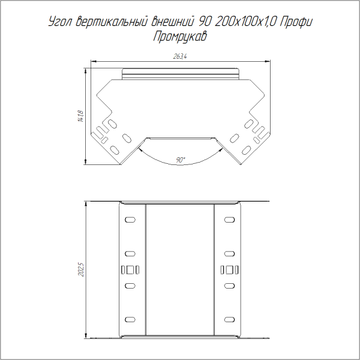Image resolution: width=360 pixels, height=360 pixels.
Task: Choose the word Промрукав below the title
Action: (180, 37)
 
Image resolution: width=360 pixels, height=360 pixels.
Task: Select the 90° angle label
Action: (181, 160)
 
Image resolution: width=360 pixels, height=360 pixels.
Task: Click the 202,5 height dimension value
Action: (80, 269)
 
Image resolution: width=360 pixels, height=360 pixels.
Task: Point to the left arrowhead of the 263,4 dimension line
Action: (94, 61)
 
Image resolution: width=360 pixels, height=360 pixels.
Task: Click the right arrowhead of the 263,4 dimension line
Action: (266, 61)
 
